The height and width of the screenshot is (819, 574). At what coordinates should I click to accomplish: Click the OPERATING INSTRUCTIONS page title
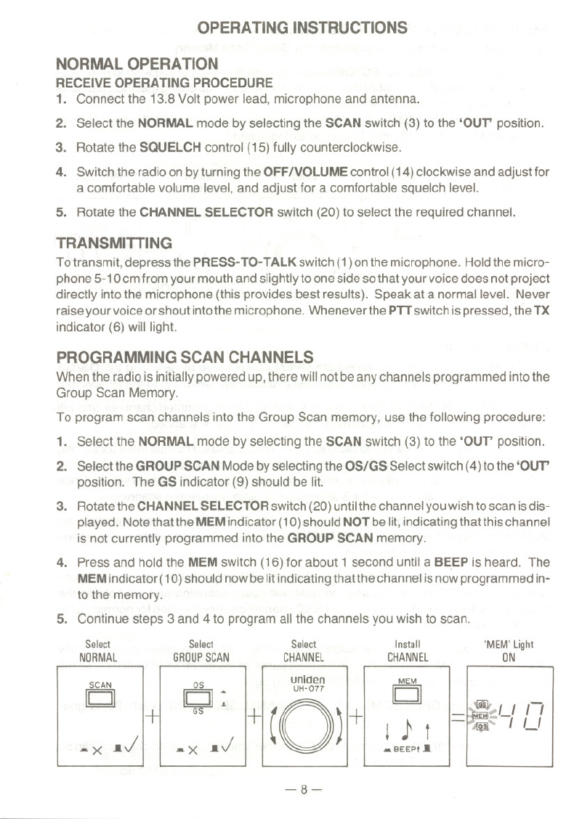(302, 28)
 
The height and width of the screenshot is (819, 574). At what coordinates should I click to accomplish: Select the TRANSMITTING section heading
(114, 242)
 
